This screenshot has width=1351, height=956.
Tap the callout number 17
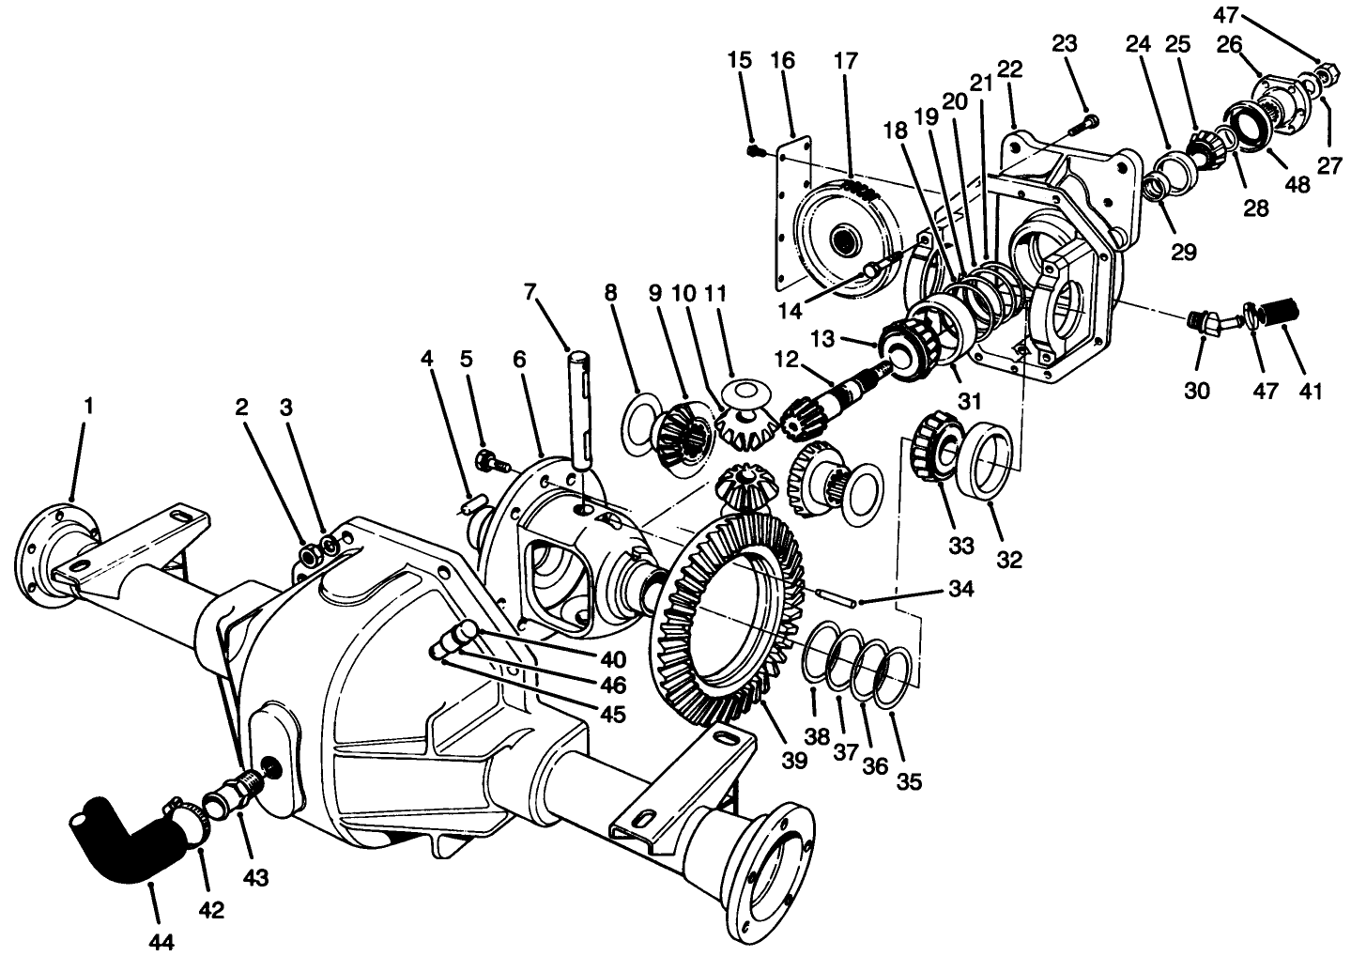point(845,62)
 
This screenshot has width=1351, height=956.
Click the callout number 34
point(960,590)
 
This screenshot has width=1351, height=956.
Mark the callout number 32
point(1008,560)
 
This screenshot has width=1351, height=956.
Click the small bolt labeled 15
point(754,149)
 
